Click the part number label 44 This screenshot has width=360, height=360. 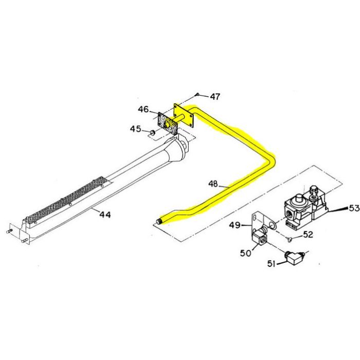(105, 214)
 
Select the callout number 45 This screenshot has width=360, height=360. (135, 129)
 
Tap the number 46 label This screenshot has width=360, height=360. (143, 109)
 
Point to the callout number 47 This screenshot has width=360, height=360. (215, 97)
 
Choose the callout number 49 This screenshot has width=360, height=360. (235, 225)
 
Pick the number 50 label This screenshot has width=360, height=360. (246, 253)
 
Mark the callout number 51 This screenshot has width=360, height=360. (272, 264)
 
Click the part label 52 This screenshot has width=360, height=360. (308, 235)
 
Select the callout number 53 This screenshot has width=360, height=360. (354, 208)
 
